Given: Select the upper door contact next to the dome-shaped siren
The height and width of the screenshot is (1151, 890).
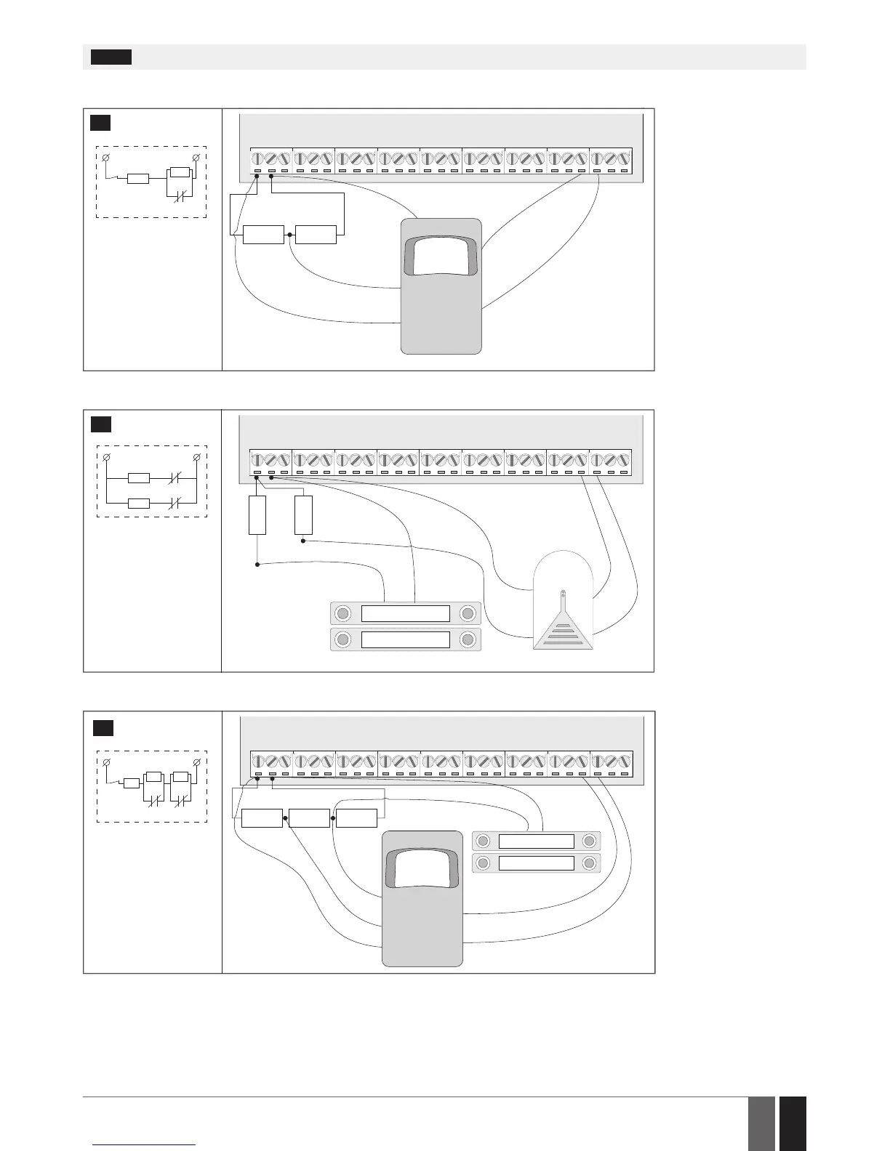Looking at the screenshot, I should (x=406, y=613).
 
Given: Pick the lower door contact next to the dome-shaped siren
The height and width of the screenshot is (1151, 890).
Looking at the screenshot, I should (x=406, y=639).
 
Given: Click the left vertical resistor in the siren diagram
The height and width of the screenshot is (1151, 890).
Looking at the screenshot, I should (x=257, y=515).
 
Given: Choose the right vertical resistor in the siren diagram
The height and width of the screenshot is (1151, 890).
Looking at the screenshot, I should (x=303, y=515).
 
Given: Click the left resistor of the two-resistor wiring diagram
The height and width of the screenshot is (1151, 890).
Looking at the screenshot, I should (x=263, y=235).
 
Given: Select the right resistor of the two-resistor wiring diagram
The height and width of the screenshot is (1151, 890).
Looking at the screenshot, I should (x=316, y=235).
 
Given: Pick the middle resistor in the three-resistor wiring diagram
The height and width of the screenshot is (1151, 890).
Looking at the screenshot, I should (x=309, y=818).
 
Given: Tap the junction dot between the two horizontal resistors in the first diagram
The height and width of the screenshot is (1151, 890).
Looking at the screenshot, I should (x=289, y=235).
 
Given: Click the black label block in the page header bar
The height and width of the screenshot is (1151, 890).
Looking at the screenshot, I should (x=111, y=57).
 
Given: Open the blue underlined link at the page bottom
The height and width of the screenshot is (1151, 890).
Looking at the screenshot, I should (x=145, y=1144).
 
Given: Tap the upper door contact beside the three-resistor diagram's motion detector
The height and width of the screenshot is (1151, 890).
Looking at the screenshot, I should (x=537, y=841).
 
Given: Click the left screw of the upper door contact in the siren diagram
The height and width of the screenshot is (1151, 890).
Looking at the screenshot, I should (x=341, y=613).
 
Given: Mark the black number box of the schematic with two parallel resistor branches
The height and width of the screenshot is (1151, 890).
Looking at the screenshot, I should (x=100, y=424).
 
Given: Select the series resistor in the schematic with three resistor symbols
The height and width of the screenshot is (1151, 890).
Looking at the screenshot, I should (x=132, y=783).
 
